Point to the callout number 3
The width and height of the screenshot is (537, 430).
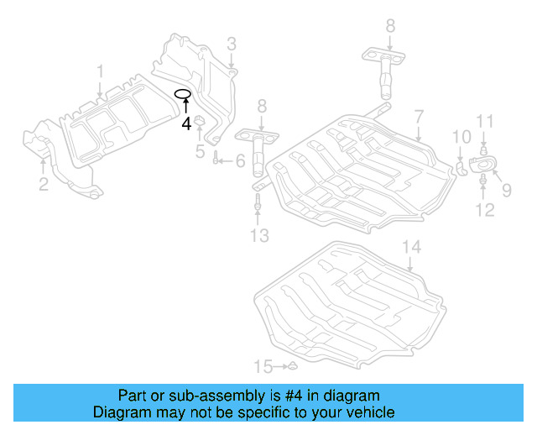[231, 44]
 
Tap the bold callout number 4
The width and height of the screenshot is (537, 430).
[186, 123]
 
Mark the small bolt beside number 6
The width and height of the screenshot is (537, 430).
[217, 159]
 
